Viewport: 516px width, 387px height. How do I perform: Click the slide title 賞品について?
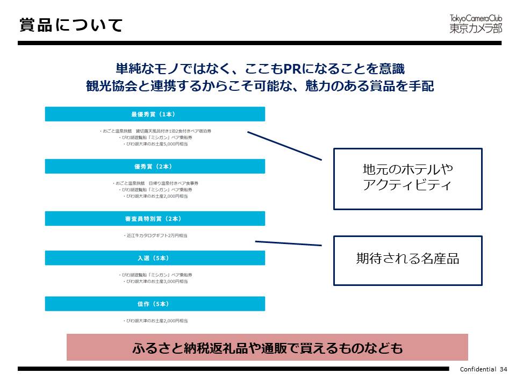[71, 25]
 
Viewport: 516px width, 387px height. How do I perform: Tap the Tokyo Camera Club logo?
[475, 24]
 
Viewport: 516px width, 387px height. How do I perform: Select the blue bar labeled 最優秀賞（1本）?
[155, 114]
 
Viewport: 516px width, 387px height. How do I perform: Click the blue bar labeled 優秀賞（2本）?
[155, 166]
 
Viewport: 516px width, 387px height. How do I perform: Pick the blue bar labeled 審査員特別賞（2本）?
[155, 218]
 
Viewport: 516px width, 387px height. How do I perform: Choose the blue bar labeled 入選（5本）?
[155, 258]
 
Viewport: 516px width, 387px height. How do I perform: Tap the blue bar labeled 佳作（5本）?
[155, 304]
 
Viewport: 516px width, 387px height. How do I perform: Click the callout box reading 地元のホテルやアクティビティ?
[407, 178]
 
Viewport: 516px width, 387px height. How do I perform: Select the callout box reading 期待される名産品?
[407, 260]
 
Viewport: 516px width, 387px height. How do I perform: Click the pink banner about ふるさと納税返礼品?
[267, 347]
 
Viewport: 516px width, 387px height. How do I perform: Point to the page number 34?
[503, 369]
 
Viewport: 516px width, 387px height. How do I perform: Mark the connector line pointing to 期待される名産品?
[288, 243]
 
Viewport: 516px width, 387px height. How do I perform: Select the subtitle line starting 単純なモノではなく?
[260, 69]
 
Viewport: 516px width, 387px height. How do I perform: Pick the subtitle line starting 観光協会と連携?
[260, 86]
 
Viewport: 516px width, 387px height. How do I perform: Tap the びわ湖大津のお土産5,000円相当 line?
[156, 144]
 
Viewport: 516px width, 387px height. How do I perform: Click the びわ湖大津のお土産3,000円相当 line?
[156, 281]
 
